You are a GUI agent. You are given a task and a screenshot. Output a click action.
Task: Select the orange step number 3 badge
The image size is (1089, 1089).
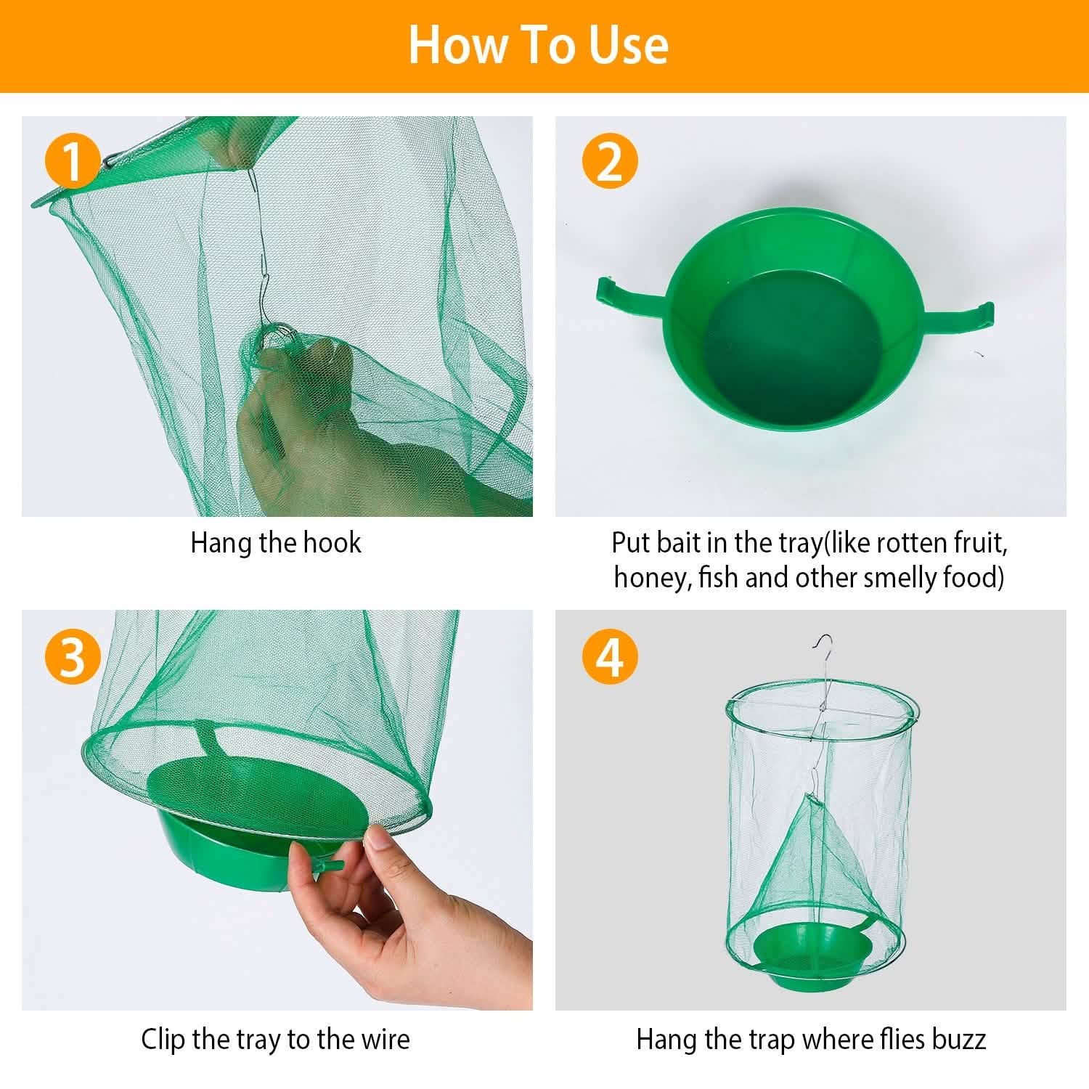(x=73, y=658)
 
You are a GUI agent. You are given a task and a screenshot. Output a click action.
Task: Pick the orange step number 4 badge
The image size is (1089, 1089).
(x=610, y=658)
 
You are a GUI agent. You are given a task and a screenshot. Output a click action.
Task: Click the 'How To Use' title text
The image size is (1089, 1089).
(x=538, y=45)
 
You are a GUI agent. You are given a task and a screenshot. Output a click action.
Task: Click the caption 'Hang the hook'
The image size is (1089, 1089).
(x=275, y=543)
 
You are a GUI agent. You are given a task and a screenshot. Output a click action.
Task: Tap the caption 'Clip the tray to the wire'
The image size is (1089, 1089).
(x=275, y=1039)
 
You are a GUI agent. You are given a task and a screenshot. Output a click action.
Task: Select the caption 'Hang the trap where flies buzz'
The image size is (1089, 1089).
(x=810, y=1039)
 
